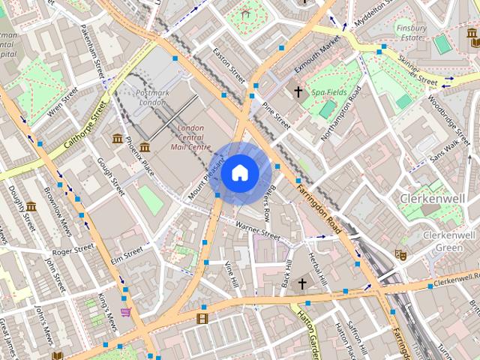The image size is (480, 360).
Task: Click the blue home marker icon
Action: coord(238,173)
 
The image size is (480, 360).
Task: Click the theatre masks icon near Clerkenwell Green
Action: coord(401,255)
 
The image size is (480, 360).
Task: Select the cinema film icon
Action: coord(202,319)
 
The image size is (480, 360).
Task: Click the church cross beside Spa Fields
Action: coord(298,92)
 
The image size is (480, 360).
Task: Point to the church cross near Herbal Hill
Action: coord(303,283)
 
